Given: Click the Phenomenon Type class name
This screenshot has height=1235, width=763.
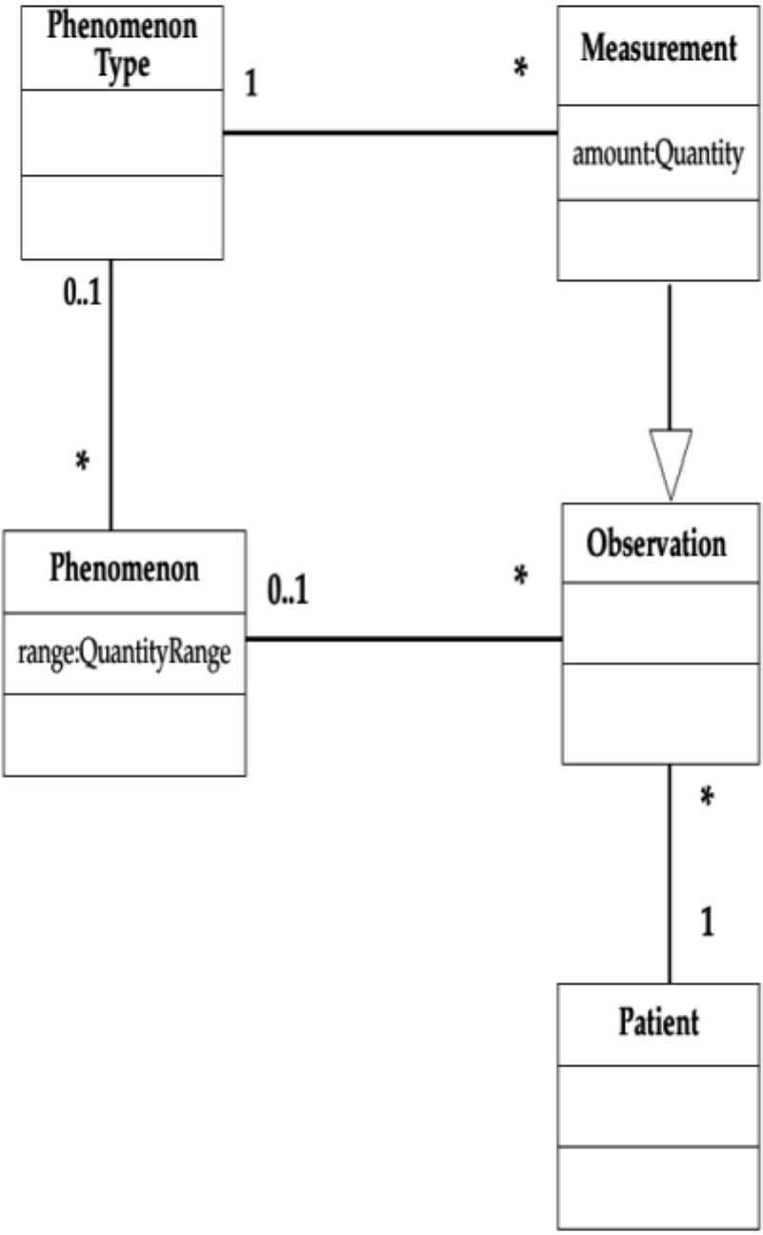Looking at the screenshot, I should pyautogui.click(x=123, y=45).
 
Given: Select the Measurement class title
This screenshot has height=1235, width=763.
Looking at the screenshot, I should pyautogui.click(x=659, y=49).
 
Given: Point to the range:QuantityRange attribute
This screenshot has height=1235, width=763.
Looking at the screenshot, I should pyautogui.click(x=124, y=657).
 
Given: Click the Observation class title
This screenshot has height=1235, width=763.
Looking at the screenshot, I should pyautogui.click(x=657, y=545).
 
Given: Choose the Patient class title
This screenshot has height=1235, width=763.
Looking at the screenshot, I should pyautogui.click(x=658, y=1023).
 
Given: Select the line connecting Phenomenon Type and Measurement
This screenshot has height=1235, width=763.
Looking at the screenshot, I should pyautogui.click(x=390, y=132).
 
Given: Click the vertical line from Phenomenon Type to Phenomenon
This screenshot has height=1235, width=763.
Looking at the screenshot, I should pyautogui.click(x=111, y=394).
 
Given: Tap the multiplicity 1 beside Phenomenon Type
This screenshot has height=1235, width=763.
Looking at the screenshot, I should pyautogui.click(x=251, y=84).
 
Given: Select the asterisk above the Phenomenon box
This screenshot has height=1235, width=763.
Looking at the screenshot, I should pyautogui.click(x=82, y=462).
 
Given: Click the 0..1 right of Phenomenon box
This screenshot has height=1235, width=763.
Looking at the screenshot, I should pyautogui.click(x=290, y=592).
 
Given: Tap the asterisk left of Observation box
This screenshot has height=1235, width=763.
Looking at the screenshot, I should pyautogui.click(x=520, y=576).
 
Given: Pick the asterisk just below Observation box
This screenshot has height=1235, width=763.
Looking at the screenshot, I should pyautogui.click(x=707, y=797).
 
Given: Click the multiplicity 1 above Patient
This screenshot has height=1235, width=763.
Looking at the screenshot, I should pyautogui.click(x=707, y=922).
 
